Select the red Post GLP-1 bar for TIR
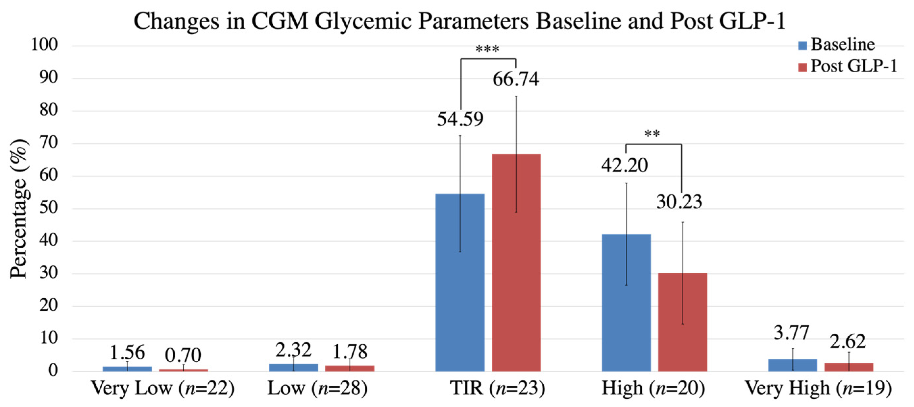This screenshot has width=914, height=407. (x=516, y=262)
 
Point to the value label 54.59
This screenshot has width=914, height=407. (x=460, y=119)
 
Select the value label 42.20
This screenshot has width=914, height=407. (x=625, y=166)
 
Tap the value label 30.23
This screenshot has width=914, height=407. (x=679, y=202)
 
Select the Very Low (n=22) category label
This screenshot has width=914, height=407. (x=162, y=388)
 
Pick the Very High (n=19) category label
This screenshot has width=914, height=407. (x=818, y=388)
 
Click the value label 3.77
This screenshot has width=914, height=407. (x=791, y=333)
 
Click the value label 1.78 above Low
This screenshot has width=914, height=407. (x=350, y=352)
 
